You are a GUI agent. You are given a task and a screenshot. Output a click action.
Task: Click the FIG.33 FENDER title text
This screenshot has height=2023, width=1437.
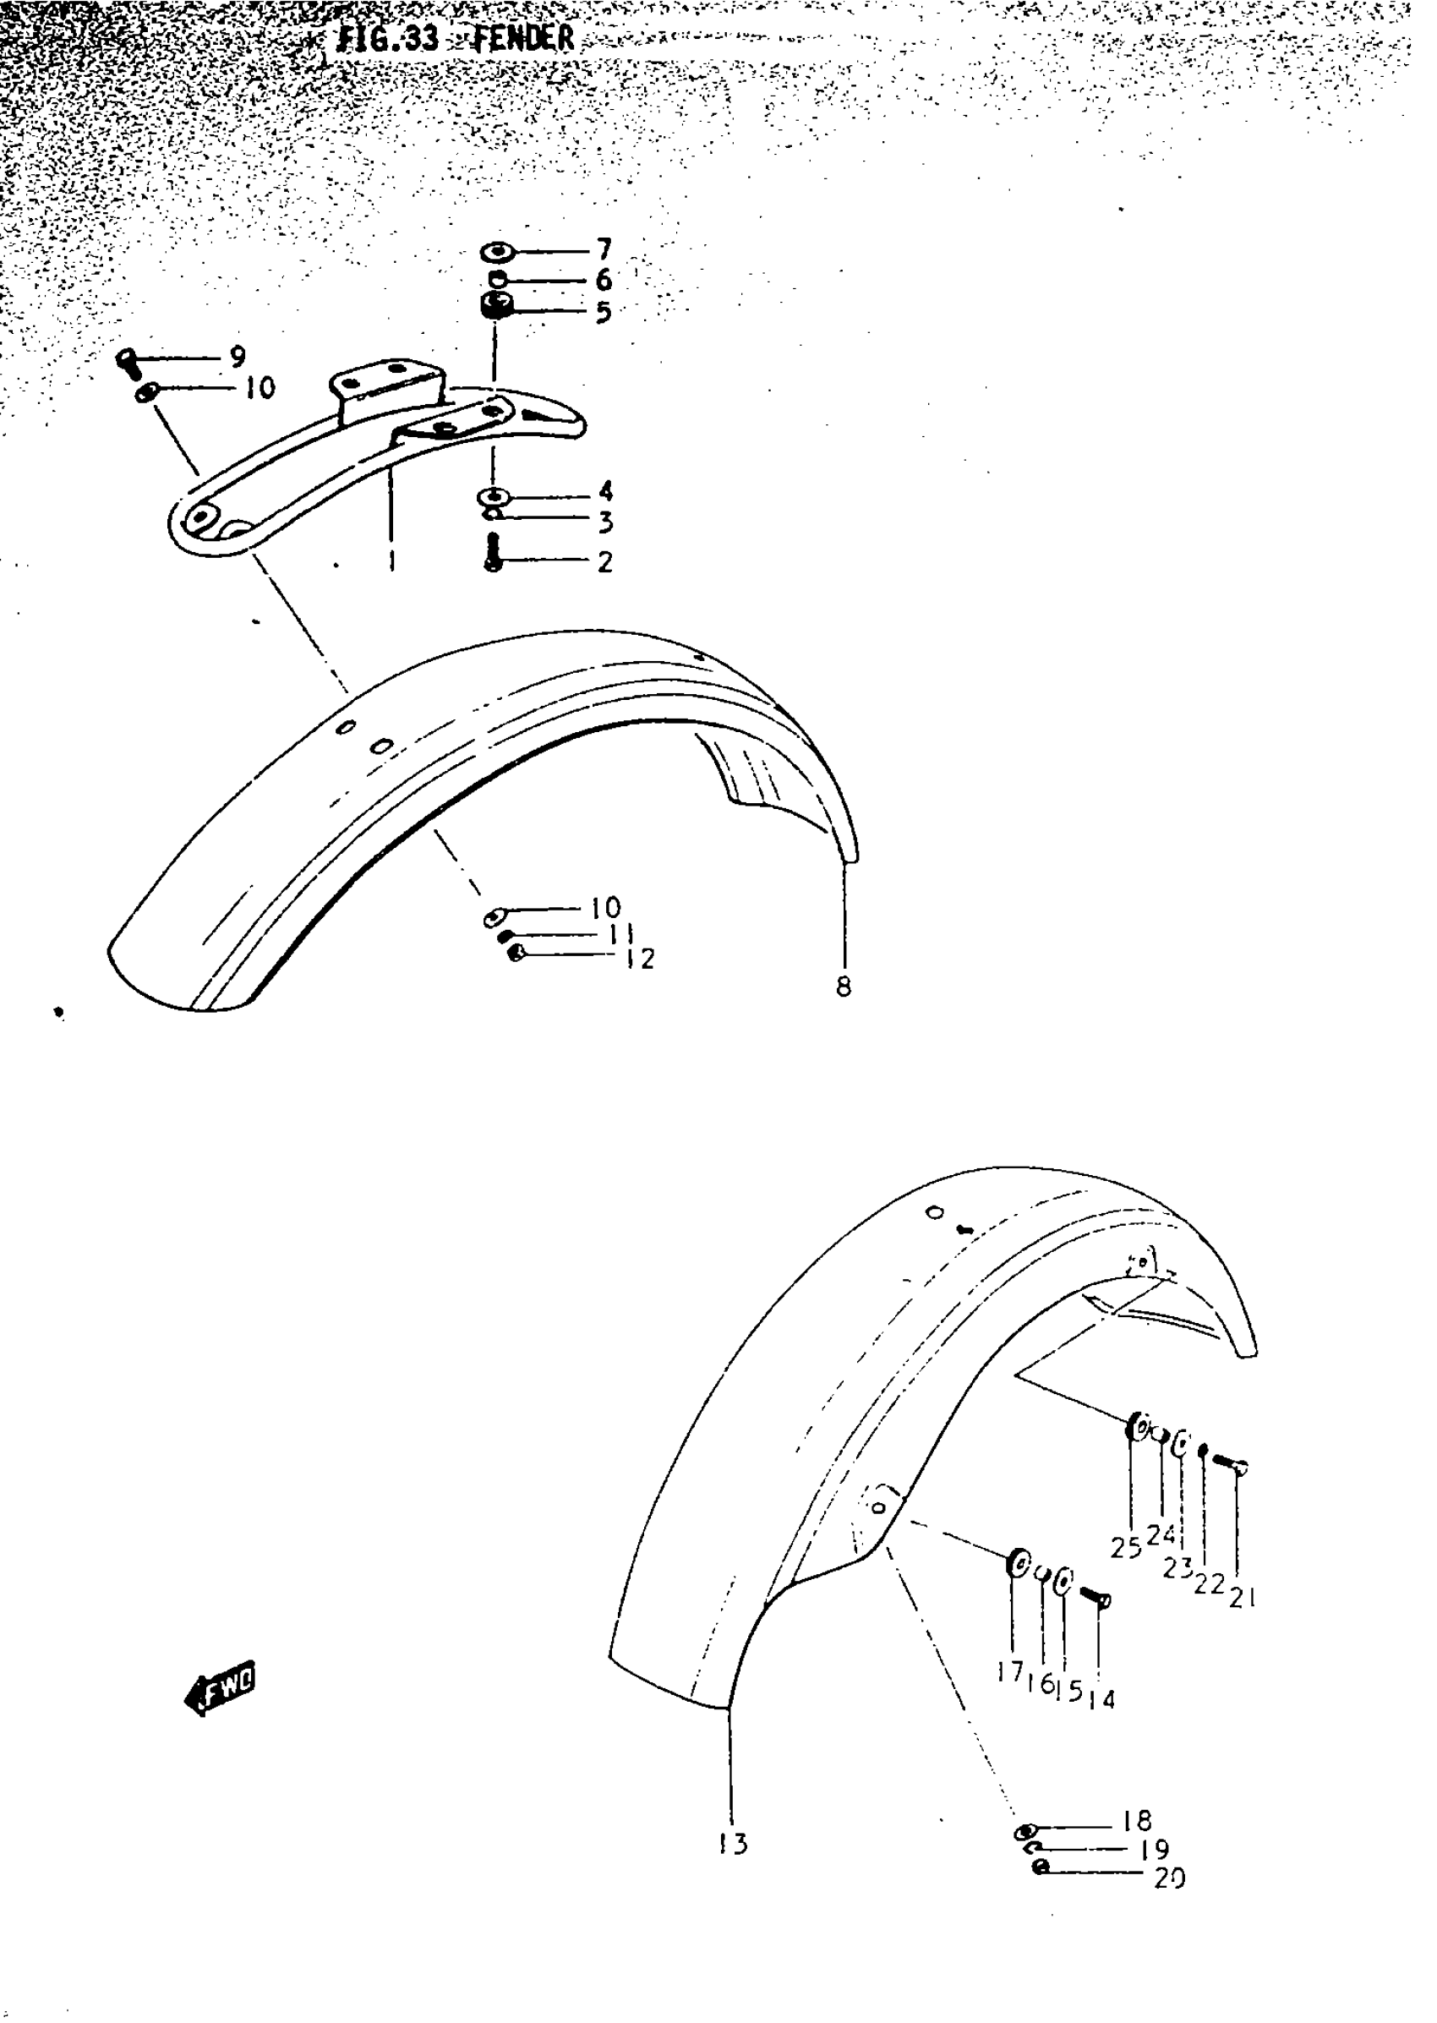tap(456, 39)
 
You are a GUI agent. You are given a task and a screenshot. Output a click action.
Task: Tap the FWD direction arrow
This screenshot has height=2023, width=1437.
tap(219, 1693)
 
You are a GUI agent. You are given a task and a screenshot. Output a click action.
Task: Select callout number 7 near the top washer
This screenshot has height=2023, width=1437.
tap(604, 250)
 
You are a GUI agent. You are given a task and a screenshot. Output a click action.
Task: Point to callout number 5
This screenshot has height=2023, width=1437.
tap(604, 311)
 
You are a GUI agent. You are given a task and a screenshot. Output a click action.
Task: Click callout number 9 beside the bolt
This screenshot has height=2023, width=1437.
tap(238, 357)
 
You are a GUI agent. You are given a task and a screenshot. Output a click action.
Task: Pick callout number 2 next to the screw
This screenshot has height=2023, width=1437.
tap(604, 561)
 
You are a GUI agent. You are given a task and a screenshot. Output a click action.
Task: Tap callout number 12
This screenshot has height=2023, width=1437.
tap(639, 959)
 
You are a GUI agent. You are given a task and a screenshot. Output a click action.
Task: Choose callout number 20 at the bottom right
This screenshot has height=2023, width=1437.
tap(1169, 1878)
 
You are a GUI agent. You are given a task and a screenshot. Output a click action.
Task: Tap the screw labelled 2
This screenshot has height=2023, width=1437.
tap(494, 553)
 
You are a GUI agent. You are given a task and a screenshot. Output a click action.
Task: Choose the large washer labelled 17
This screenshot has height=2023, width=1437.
tap(1018, 1564)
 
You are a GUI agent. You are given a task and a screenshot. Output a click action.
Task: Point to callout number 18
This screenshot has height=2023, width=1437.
tap(1137, 1820)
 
